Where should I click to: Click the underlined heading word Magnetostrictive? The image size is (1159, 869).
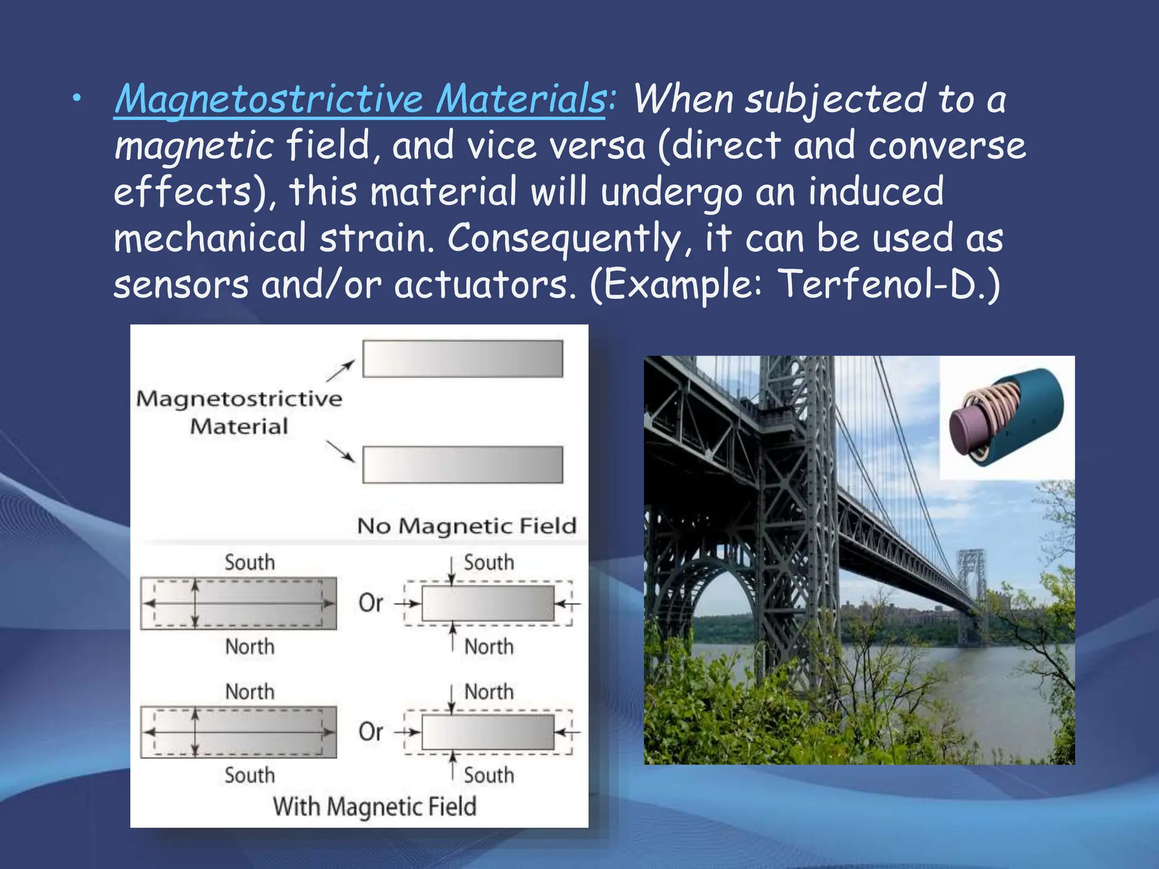[269, 99]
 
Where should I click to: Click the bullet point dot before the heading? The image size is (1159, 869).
[76, 100]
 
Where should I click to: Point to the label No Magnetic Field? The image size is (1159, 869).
[466, 526]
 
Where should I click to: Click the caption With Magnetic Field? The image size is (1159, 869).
[374, 806]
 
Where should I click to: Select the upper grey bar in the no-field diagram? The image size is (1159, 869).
[462, 359]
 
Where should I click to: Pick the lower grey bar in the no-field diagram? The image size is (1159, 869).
[462, 464]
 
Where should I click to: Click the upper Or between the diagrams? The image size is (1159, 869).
[371, 603]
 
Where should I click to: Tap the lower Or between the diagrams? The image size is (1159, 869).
[371, 732]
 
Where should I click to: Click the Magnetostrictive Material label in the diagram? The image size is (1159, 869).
[239, 412]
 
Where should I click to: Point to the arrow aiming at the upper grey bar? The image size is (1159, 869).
[340, 371]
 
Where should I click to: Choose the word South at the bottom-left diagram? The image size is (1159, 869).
[250, 775]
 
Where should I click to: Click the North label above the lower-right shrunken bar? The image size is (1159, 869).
[489, 691]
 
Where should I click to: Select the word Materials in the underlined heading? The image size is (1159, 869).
[521, 99]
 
